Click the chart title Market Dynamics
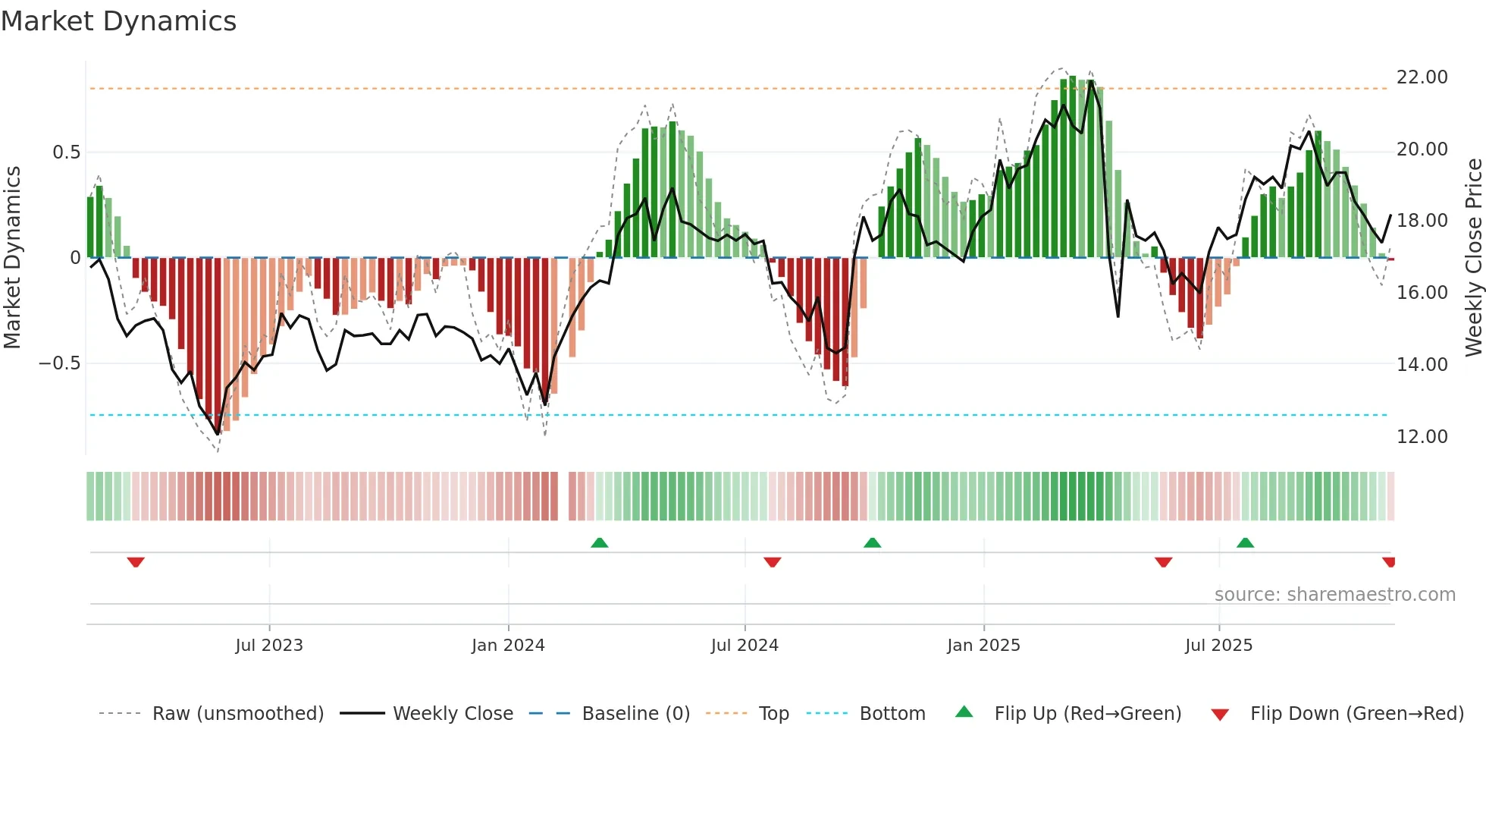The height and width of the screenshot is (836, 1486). pyautogui.click(x=118, y=21)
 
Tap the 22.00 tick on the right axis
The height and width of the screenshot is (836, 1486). pyautogui.click(x=1422, y=77)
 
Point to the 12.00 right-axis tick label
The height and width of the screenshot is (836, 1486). pyautogui.click(x=1422, y=437)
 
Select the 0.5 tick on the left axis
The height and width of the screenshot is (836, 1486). pyautogui.click(x=66, y=152)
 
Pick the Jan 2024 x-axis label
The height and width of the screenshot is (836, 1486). pyautogui.click(x=508, y=646)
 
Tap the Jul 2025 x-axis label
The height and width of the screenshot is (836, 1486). pyautogui.click(x=1218, y=646)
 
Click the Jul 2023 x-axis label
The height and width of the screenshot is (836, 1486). pyautogui.click(x=269, y=646)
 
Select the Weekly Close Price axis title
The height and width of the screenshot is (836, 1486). pyautogui.click(x=1473, y=257)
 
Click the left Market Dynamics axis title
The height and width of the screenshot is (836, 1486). pyautogui.click(x=13, y=257)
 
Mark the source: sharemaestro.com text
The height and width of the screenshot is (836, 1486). pyautogui.click(x=1334, y=595)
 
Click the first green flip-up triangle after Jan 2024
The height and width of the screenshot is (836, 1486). pyautogui.click(x=600, y=542)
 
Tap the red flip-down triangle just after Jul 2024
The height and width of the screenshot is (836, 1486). pyautogui.click(x=773, y=562)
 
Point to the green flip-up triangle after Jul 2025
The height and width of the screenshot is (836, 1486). pyautogui.click(x=1245, y=542)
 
